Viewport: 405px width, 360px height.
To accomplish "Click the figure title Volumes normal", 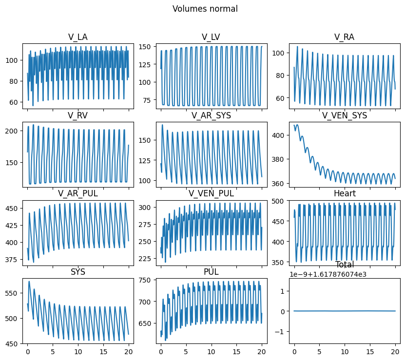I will pos(205,9).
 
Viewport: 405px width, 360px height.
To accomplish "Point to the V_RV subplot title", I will pos(78,115).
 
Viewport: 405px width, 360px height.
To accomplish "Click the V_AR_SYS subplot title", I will pos(211,115).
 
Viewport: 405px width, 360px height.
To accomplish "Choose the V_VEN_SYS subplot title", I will pos(344,115).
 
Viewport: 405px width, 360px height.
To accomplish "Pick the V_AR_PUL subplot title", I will pos(78,193).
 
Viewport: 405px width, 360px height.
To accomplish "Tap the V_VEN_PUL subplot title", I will pos(211,193).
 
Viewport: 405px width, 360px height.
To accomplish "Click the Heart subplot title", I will pos(344,193).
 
